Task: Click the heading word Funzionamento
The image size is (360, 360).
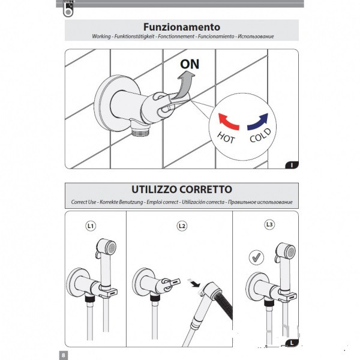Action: coord(182,27)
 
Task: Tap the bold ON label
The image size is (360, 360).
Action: coord(190,64)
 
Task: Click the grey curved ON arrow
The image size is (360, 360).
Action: coord(184,86)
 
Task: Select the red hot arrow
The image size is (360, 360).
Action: coord(228,121)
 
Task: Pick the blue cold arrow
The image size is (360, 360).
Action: coord(258,121)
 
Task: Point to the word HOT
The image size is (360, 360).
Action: coord(226,137)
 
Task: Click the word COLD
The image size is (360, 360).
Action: coord(260,135)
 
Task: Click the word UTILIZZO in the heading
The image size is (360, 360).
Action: coord(154,190)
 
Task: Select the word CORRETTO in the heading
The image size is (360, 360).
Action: coord(206,190)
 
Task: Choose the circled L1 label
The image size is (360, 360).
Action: coord(91,226)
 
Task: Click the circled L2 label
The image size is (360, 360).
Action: coord(182,226)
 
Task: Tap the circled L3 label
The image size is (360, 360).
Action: coord(269,224)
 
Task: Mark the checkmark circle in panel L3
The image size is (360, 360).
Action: coord(256,257)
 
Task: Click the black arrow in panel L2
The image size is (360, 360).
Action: coord(194,284)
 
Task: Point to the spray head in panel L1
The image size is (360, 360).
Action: coord(106,247)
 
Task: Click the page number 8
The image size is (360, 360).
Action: coord(64,355)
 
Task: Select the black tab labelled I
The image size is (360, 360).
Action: coord(292,165)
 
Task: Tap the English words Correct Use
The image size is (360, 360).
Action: coord(83,202)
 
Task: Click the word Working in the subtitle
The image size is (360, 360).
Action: coord(101,36)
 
